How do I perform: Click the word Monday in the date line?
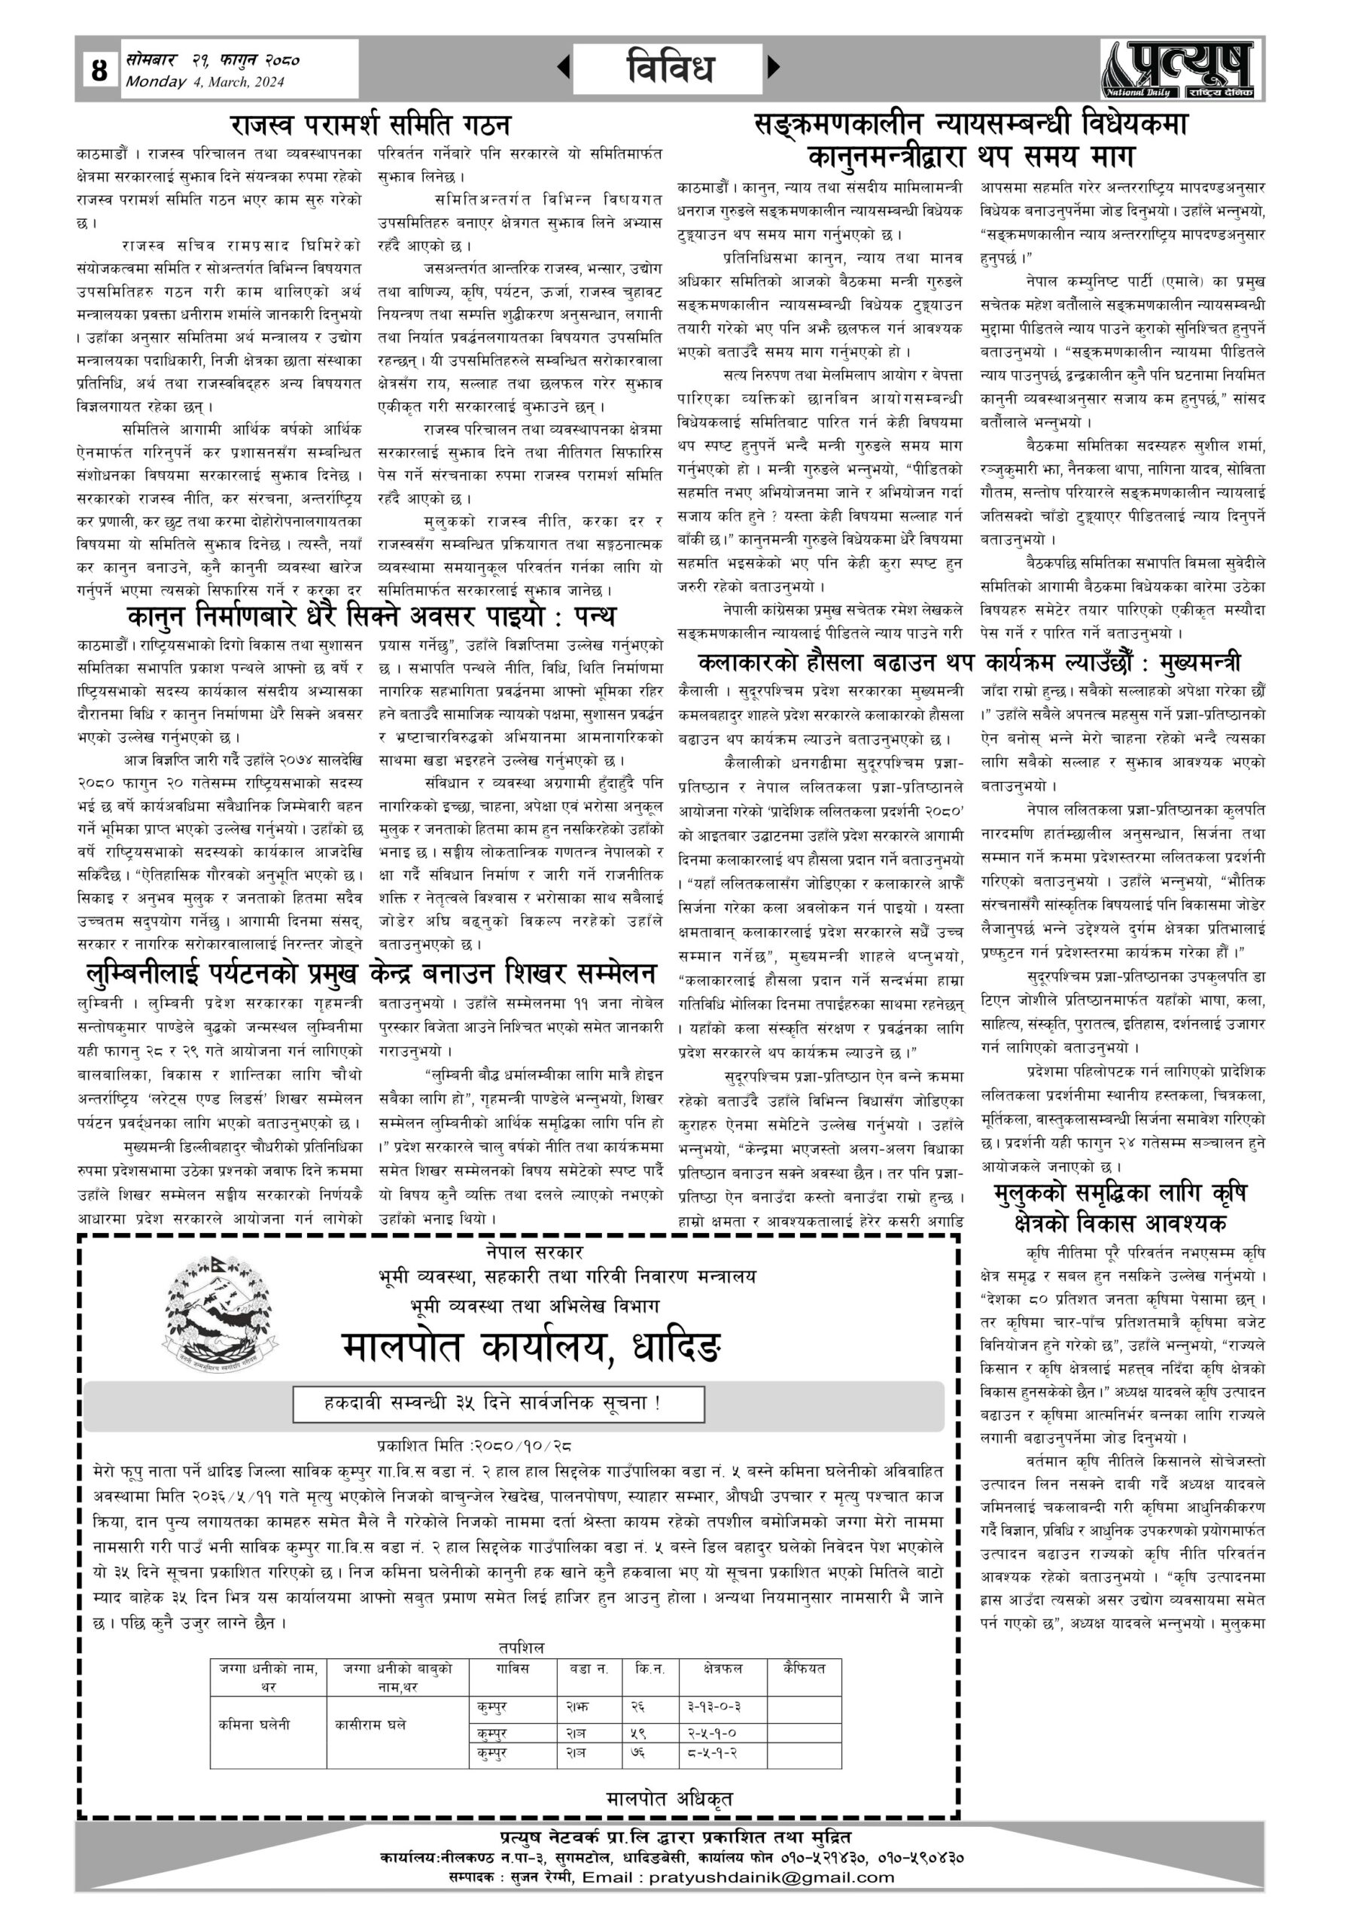coord(156,81)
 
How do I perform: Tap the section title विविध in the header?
coord(669,68)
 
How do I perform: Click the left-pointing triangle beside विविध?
coord(564,66)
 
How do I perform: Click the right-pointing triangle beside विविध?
coord(773,66)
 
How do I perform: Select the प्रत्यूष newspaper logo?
coord(1180,68)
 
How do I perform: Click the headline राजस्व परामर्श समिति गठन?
coord(370,125)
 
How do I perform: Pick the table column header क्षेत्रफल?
coord(723,1669)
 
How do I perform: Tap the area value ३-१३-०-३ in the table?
coord(714,1706)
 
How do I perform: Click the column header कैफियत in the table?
coord(803,1669)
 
